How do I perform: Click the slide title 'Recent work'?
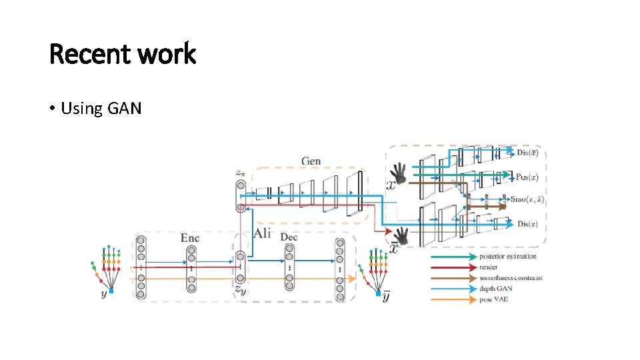click(x=123, y=54)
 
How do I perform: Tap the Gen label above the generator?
click(x=311, y=161)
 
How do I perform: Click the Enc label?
click(x=190, y=237)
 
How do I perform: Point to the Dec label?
click(x=289, y=237)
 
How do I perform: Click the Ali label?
click(x=262, y=233)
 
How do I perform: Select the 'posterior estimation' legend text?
click(x=507, y=256)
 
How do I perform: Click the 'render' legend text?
click(x=489, y=267)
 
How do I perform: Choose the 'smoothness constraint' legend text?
click(x=511, y=277)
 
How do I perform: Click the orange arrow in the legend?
click(x=453, y=299)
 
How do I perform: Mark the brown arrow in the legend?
click(x=453, y=277)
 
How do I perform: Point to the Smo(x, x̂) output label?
click(x=527, y=199)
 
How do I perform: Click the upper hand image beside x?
click(x=399, y=173)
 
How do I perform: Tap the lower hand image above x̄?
click(x=401, y=235)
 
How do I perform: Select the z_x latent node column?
click(x=240, y=193)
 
